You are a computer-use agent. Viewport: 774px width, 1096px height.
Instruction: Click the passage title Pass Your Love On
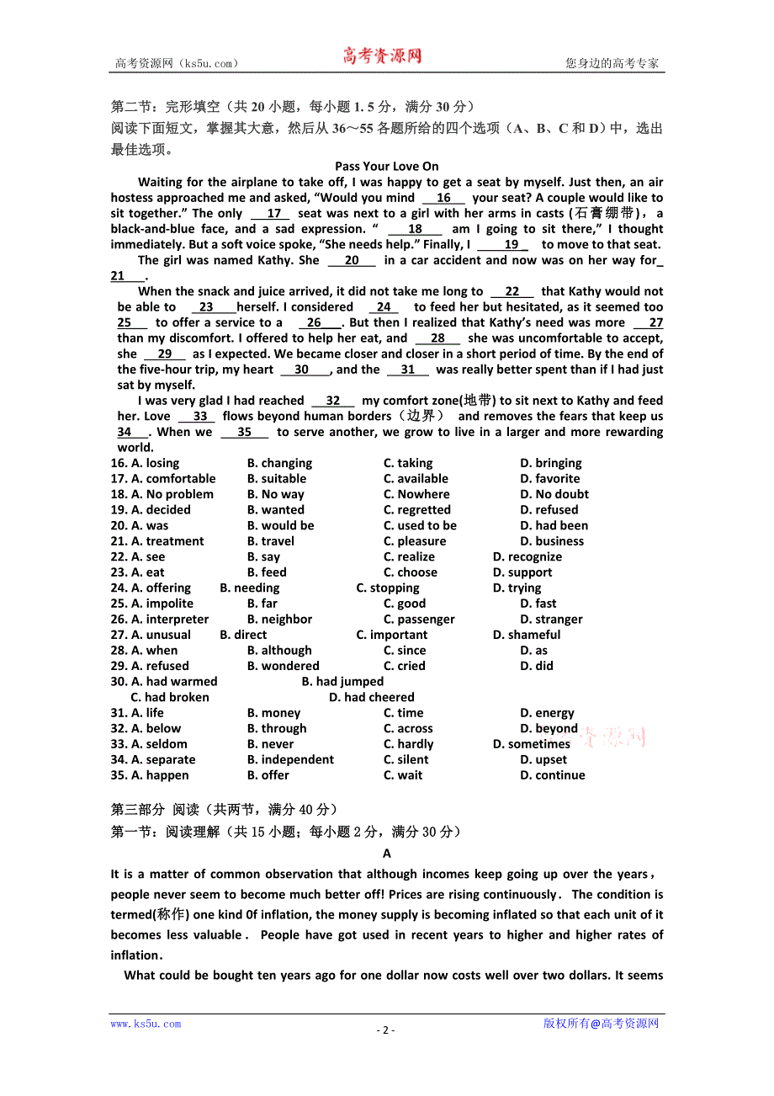[x=386, y=167]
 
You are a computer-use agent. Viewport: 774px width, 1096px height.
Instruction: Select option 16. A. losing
[x=145, y=463]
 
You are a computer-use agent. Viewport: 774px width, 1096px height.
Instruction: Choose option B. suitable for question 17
[x=277, y=479]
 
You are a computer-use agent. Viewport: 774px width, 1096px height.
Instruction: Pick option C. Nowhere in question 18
[x=416, y=494]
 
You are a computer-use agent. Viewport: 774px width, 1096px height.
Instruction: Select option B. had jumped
[x=342, y=682]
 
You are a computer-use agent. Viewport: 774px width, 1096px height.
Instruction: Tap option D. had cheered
[x=371, y=697]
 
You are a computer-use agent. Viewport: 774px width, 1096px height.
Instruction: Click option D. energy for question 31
[x=547, y=713]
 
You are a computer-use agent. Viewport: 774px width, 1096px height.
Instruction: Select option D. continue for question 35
[x=552, y=775]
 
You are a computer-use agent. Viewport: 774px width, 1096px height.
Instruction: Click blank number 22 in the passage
[x=512, y=292]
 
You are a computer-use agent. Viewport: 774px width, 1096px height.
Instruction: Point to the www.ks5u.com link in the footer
[x=146, y=1024]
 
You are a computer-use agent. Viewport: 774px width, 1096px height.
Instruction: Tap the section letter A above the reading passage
[x=387, y=854]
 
